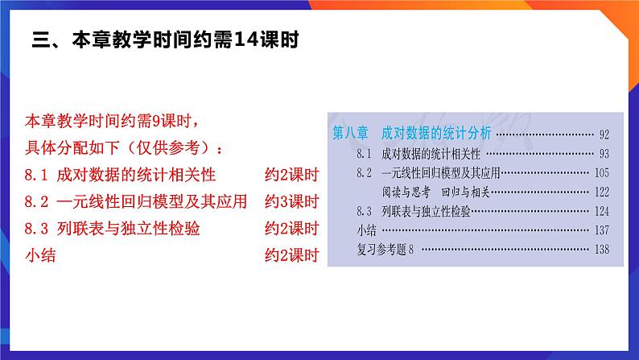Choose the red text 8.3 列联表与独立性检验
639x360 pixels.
(x=113, y=229)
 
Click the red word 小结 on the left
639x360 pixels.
(x=41, y=255)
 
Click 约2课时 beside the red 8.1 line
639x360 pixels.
(x=292, y=175)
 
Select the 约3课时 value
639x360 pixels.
(x=292, y=201)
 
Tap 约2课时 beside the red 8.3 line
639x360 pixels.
(x=292, y=229)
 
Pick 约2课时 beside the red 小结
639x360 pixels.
(x=292, y=255)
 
